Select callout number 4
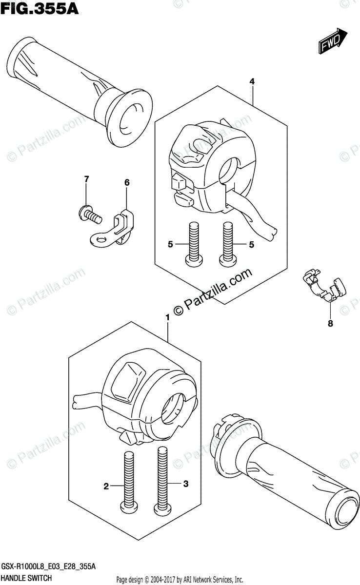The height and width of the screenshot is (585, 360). click(252, 81)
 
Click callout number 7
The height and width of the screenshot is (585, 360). click(86, 180)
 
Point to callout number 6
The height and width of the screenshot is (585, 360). click(127, 182)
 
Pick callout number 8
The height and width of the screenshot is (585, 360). click(330, 323)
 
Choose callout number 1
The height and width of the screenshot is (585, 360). click(167, 317)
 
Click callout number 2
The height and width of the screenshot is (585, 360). click(104, 486)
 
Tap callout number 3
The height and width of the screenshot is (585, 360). click(185, 484)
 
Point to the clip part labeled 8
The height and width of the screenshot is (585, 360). click(324, 287)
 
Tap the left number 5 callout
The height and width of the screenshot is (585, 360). click(170, 245)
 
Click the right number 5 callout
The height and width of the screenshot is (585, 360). click(252, 245)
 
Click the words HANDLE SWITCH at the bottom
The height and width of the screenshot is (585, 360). click(24, 578)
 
